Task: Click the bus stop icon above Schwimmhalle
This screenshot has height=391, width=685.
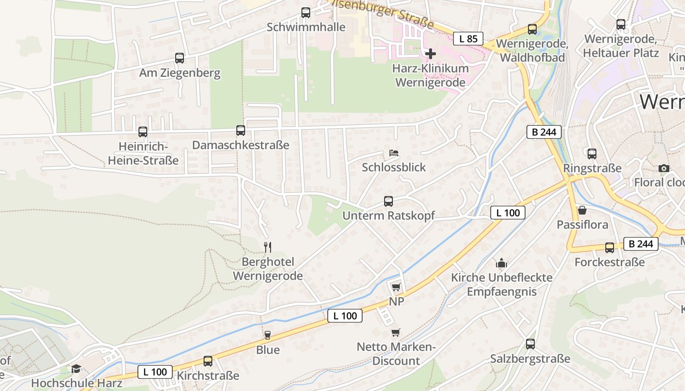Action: click(306, 13)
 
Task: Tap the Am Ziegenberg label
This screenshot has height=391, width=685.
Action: click(180, 73)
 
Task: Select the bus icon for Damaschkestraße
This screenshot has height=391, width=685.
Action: click(240, 130)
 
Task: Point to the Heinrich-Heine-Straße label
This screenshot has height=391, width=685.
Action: click(143, 153)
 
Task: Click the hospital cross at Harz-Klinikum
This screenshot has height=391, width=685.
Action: click(431, 53)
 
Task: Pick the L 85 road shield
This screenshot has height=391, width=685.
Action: click(468, 39)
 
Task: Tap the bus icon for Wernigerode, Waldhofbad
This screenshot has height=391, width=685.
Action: click(532, 29)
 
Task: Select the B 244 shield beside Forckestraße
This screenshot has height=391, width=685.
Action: click(641, 244)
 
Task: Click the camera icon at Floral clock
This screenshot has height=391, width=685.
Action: click(663, 169)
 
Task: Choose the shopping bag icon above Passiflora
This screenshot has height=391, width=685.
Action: click(582, 211)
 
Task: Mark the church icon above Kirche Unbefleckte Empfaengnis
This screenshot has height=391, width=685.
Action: click(502, 264)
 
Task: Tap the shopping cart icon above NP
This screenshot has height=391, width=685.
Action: click(396, 287)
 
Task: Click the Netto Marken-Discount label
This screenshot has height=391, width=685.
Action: click(396, 354)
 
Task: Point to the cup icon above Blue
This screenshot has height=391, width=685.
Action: click(268, 335)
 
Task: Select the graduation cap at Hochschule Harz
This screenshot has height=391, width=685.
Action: click(76, 369)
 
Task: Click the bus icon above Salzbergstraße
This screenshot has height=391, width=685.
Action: click(530, 344)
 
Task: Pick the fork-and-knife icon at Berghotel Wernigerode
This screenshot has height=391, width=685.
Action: click(267, 247)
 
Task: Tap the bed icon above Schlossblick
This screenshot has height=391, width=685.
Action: click(393, 153)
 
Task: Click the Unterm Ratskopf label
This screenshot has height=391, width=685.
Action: click(388, 216)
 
